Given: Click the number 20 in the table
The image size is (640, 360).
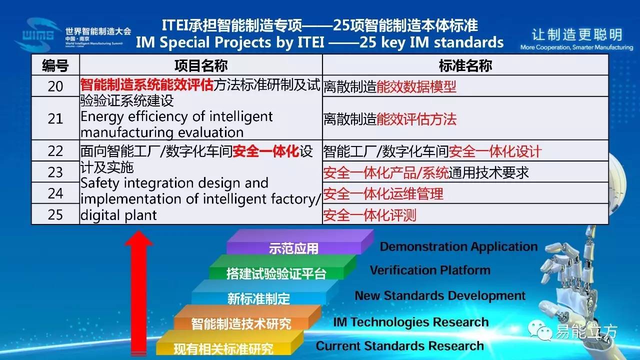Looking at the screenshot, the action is tap(55, 86).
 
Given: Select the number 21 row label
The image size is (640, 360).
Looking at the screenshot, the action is tap(55, 118).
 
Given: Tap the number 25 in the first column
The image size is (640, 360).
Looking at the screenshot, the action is tap(55, 214).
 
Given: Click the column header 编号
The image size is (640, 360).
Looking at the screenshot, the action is tap(55, 65).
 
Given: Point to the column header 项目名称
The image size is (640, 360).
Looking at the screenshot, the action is tap(201, 65).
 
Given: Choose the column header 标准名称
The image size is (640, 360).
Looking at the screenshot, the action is tap(465, 65).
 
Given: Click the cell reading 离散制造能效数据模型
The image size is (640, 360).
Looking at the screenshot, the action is tap(389, 86).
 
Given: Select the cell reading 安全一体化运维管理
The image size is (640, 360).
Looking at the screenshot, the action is tap(383, 193).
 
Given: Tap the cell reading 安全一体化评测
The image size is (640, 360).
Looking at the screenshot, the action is tap(369, 215).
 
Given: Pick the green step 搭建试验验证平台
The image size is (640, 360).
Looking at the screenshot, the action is tap(276, 273).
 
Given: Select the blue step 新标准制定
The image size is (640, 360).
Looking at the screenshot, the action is tap(258, 298).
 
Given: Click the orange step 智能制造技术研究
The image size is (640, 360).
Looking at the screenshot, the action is tap(241, 323).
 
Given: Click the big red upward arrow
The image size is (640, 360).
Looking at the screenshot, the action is tap(138, 293).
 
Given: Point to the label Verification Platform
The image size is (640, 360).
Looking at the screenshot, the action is tap(430, 270).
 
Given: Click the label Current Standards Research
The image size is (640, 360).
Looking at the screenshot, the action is tap(399, 346).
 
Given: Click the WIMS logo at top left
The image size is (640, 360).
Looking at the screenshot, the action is tap(38, 34).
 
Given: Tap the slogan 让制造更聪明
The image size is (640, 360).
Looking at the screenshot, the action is tap(577, 34).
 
